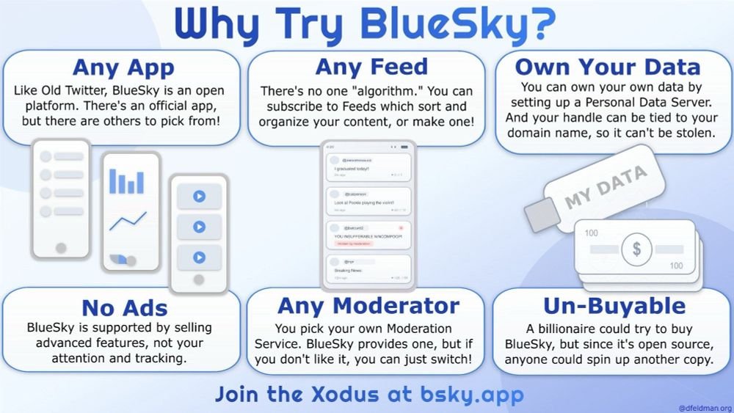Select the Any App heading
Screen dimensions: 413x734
123,67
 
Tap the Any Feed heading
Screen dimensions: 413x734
371,67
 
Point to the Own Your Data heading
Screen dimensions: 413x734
608,67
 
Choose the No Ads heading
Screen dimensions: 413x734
125,307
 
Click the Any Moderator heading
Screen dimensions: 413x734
368,305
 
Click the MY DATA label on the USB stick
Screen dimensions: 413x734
606,187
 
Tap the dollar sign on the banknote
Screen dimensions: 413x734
636,249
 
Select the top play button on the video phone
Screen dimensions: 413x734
198,197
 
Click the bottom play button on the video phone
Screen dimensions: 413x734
198,257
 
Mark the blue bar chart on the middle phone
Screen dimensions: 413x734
126,180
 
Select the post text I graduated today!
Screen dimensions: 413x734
352,169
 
